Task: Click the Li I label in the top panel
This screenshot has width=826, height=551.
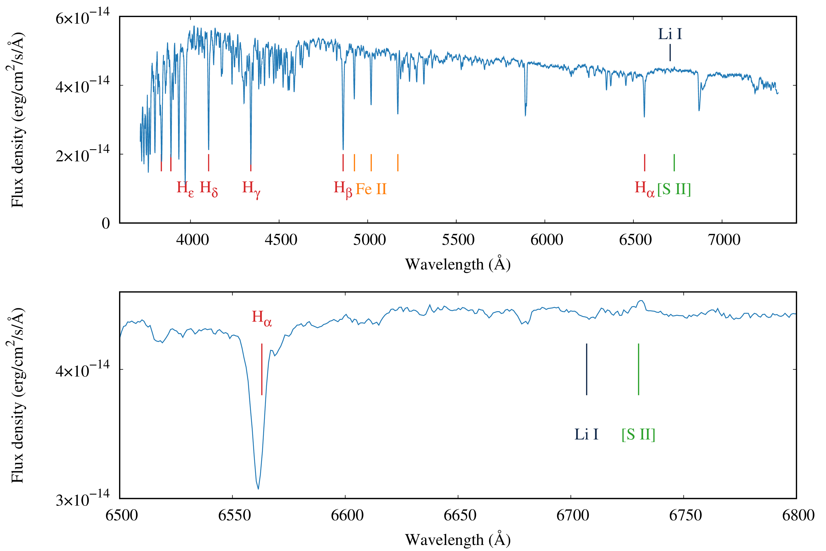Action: point(670,34)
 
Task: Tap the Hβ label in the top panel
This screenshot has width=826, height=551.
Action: point(343,189)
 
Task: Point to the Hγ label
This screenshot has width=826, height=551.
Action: point(251,189)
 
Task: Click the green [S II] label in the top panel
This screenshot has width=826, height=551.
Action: point(674,189)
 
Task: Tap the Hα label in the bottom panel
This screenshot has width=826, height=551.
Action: point(262,318)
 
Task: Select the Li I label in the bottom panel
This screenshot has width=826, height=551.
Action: point(586,434)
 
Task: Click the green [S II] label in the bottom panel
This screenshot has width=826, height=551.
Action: point(638,434)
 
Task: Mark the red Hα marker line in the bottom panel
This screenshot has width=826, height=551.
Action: point(262,369)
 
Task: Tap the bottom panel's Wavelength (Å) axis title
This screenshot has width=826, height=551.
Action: point(458,539)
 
